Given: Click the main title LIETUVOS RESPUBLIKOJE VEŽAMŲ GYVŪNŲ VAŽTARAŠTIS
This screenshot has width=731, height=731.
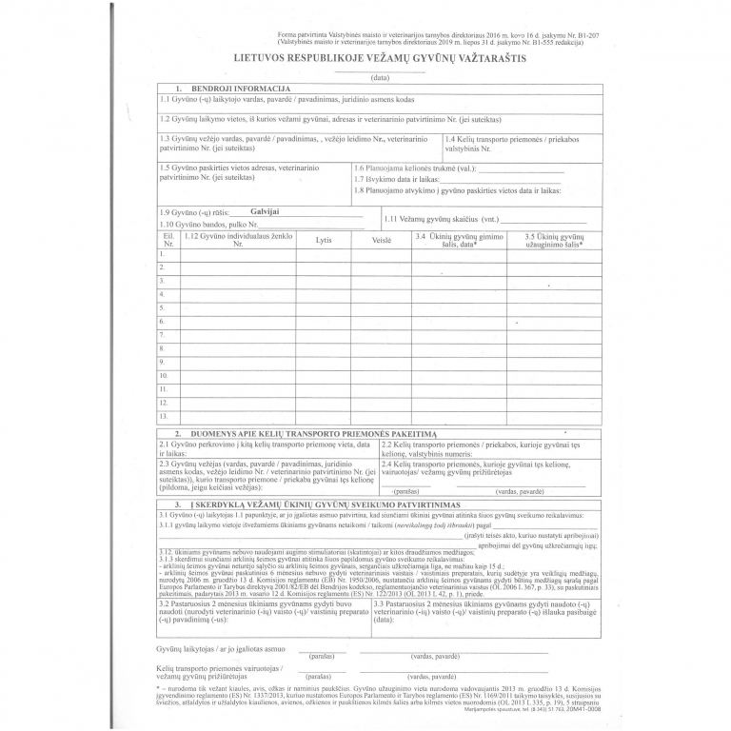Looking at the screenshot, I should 379,58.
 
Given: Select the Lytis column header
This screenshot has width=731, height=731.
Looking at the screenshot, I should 324,241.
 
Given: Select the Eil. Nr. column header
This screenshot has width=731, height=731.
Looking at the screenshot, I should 168,240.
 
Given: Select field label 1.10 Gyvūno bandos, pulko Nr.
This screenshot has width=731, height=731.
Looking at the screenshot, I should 211,223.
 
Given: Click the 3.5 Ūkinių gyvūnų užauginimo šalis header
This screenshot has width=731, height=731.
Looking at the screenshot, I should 554,240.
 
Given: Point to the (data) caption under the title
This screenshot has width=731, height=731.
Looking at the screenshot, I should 380,77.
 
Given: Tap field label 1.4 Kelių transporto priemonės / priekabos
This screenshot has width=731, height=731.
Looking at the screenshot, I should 512,139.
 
